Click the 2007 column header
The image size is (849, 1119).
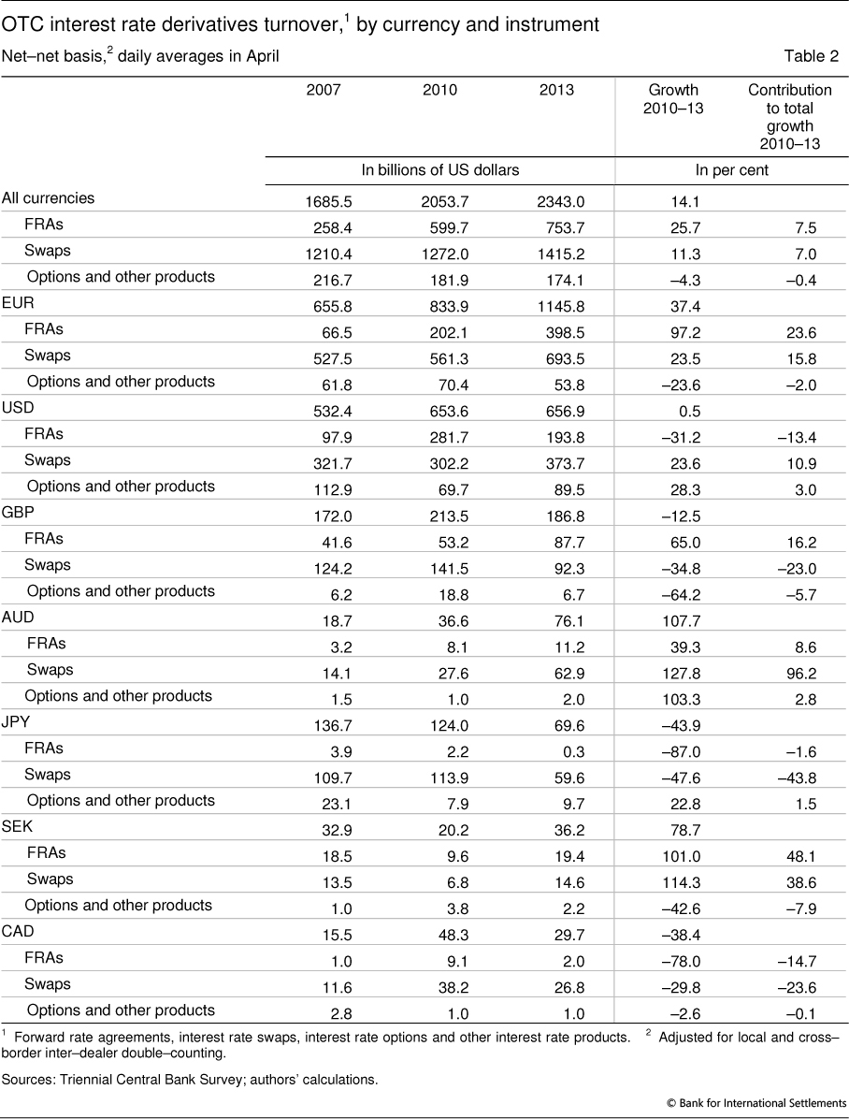pos(324,91)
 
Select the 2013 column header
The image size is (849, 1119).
pos(557,91)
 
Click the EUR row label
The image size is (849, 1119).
pos(16,303)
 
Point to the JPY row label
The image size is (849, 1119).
pos(16,722)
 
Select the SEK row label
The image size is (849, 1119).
pos(16,827)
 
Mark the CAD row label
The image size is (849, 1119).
pos(17,932)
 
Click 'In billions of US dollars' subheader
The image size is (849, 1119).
pos(440,170)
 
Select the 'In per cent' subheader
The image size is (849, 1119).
pos(732,170)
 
